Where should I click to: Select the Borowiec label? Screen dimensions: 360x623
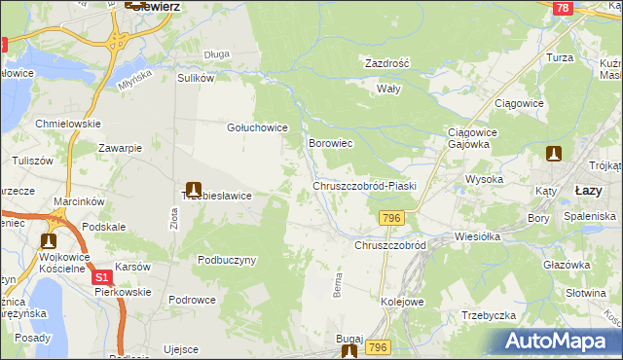point(330,143)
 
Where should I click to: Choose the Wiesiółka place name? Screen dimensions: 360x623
point(477,236)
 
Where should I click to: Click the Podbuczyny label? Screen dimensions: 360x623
point(226,260)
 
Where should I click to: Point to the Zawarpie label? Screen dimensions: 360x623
point(121,148)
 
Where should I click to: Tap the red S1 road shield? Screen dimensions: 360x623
point(103,278)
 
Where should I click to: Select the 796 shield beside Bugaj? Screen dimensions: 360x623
point(379,347)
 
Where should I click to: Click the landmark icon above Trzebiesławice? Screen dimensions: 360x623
point(193,187)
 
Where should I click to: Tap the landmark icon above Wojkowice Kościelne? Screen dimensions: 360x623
point(49,240)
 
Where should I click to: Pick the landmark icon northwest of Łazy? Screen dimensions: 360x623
point(554,154)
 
